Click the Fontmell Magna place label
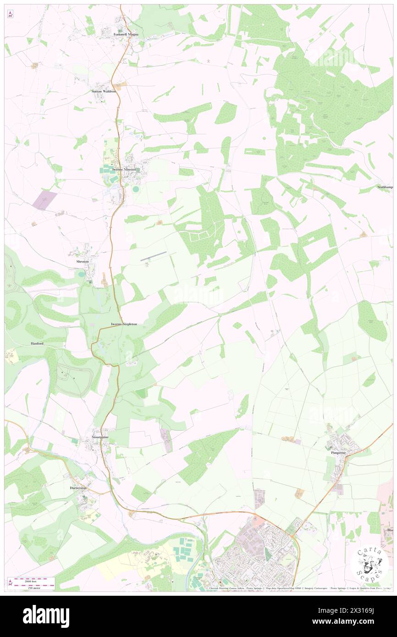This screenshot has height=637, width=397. tap(126, 34)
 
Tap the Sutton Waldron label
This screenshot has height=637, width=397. tap(103, 91)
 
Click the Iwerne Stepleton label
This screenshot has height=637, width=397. tap(124, 324)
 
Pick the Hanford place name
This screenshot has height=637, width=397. tap(37, 343)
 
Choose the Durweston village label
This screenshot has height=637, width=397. tap(78, 488)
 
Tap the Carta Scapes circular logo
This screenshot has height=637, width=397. tap(369, 564)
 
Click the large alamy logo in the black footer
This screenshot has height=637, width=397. tap(46, 616)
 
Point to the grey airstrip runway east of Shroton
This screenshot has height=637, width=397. tap(154, 256)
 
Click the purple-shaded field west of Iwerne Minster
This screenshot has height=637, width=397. tap(44, 200)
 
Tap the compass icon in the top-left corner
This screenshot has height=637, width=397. tap(10, 14)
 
